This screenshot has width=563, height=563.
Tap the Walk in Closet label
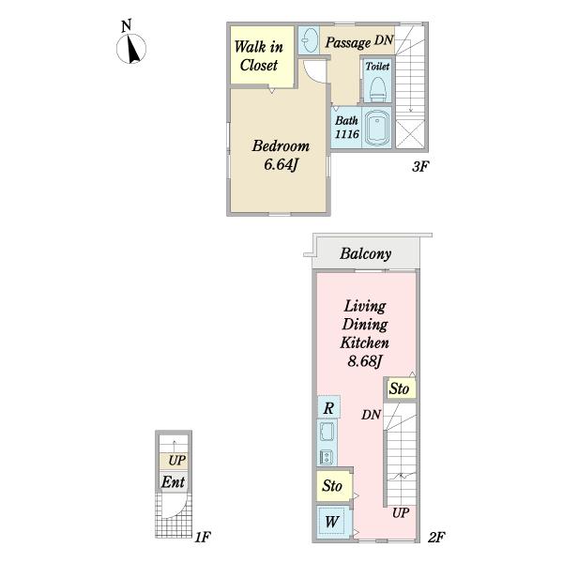click(259, 56)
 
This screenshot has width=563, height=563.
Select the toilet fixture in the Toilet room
click(378, 89)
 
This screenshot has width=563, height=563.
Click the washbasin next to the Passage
click(309, 39)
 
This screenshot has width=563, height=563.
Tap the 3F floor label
click(420, 167)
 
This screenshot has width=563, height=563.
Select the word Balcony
click(366, 254)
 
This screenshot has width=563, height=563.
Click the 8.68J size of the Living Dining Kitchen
click(364, 361)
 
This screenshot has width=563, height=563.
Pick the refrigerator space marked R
click(328, 407)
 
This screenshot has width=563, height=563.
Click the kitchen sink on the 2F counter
click(327, 432)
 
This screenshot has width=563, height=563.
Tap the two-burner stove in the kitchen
click(327, 457)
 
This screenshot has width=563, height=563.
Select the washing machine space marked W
click(332, 522)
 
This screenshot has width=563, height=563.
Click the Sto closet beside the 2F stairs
click(401, 388)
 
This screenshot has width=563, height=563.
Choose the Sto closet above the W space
click(333, 486)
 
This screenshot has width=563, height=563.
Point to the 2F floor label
click(436, 538)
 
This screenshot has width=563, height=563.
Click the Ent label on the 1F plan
click(173, 482)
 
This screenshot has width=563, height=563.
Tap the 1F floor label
click(203, 538)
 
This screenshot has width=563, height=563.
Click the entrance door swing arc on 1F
click(179, 510)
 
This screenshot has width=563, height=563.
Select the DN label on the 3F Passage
click(384, 39)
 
